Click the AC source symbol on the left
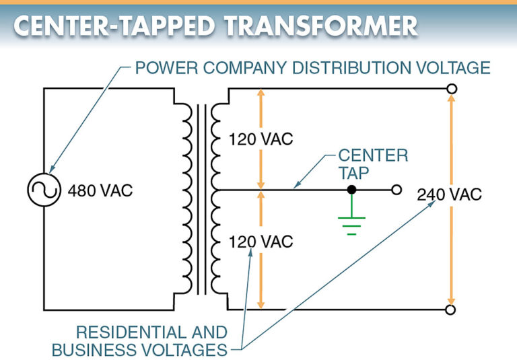tap(42, 190)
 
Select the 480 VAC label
tap(100, 190)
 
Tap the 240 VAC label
tap(450, 195)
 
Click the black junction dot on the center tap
tap(351, 190)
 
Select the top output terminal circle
tap(451, 88)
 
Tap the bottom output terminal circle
tap(451, 310)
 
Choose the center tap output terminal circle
tap(397, 190)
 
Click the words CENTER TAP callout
tap(372, 164)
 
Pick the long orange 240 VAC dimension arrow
tap(451, 256)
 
